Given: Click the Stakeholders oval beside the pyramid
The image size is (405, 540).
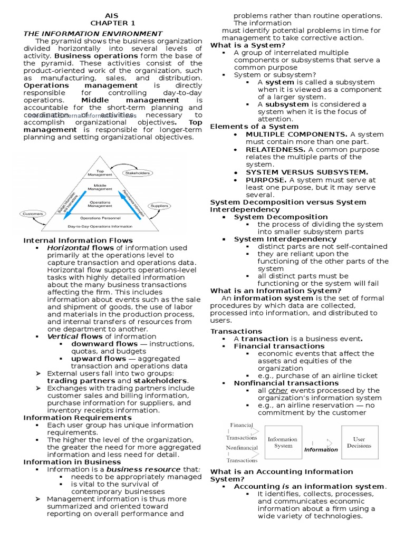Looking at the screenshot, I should (x=137, y=172).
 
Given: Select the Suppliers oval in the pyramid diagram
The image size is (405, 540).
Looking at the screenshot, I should (x=159, y=206).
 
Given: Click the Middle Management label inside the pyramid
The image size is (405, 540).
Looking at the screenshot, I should (x=100, y=188).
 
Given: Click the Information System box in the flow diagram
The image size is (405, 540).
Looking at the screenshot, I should (x=283, y=442).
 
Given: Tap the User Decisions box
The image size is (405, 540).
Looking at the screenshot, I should (x=359, y=442).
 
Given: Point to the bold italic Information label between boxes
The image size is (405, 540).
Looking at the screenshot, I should (x=321, y=449).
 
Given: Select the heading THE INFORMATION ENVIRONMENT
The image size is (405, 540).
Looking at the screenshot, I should (x=93, y=34).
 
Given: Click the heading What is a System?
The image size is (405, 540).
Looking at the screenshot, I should (x=240, y=45).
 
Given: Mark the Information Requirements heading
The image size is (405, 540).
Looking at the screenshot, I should (x=70, y=418).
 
